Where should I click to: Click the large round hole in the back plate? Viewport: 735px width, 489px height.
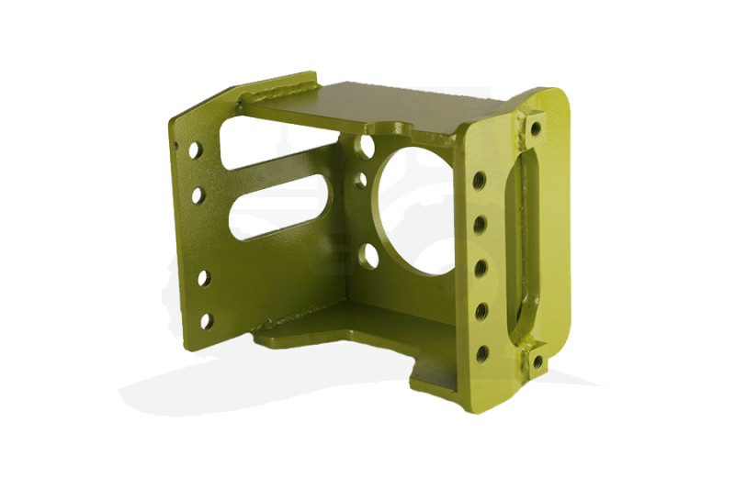pos(413,209)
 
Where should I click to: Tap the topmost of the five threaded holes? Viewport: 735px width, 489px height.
pos(479,181)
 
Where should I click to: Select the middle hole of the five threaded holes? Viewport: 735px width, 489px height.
pos(480,268)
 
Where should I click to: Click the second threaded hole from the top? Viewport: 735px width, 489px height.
pos(479,224)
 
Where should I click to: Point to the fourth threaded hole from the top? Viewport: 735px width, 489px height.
pos(481,311)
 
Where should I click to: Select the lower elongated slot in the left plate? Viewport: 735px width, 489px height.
pos(280,206)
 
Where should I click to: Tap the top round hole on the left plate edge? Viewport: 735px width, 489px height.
pos(196,149)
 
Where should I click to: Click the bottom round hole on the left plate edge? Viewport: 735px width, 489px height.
pos(206,320)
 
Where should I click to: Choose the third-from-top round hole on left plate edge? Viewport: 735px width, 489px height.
pos(203,277)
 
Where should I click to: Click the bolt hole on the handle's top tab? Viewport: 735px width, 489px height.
pos(535,128)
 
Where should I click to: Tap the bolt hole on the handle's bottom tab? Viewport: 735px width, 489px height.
pos(537,362)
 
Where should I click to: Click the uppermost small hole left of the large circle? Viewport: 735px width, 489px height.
pos(367,146)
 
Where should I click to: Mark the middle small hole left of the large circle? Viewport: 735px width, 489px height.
pos(360,180)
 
